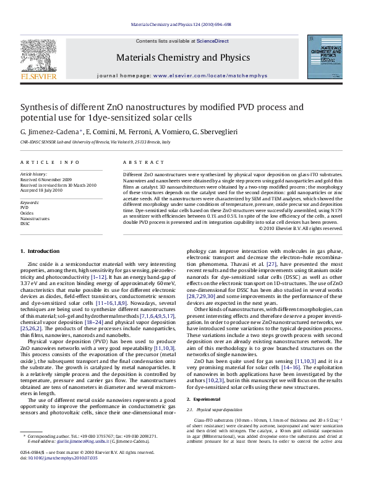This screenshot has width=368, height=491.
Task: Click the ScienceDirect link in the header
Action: point(213,40)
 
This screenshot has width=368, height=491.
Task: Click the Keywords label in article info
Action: point(30,202)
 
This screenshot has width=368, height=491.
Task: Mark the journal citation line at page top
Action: point(184,25)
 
